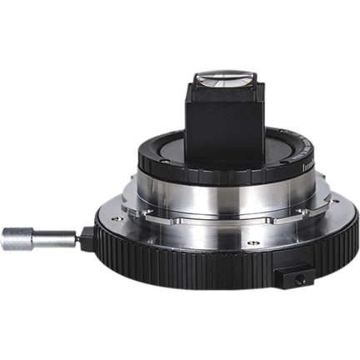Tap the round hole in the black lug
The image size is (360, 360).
click(294, 274)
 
